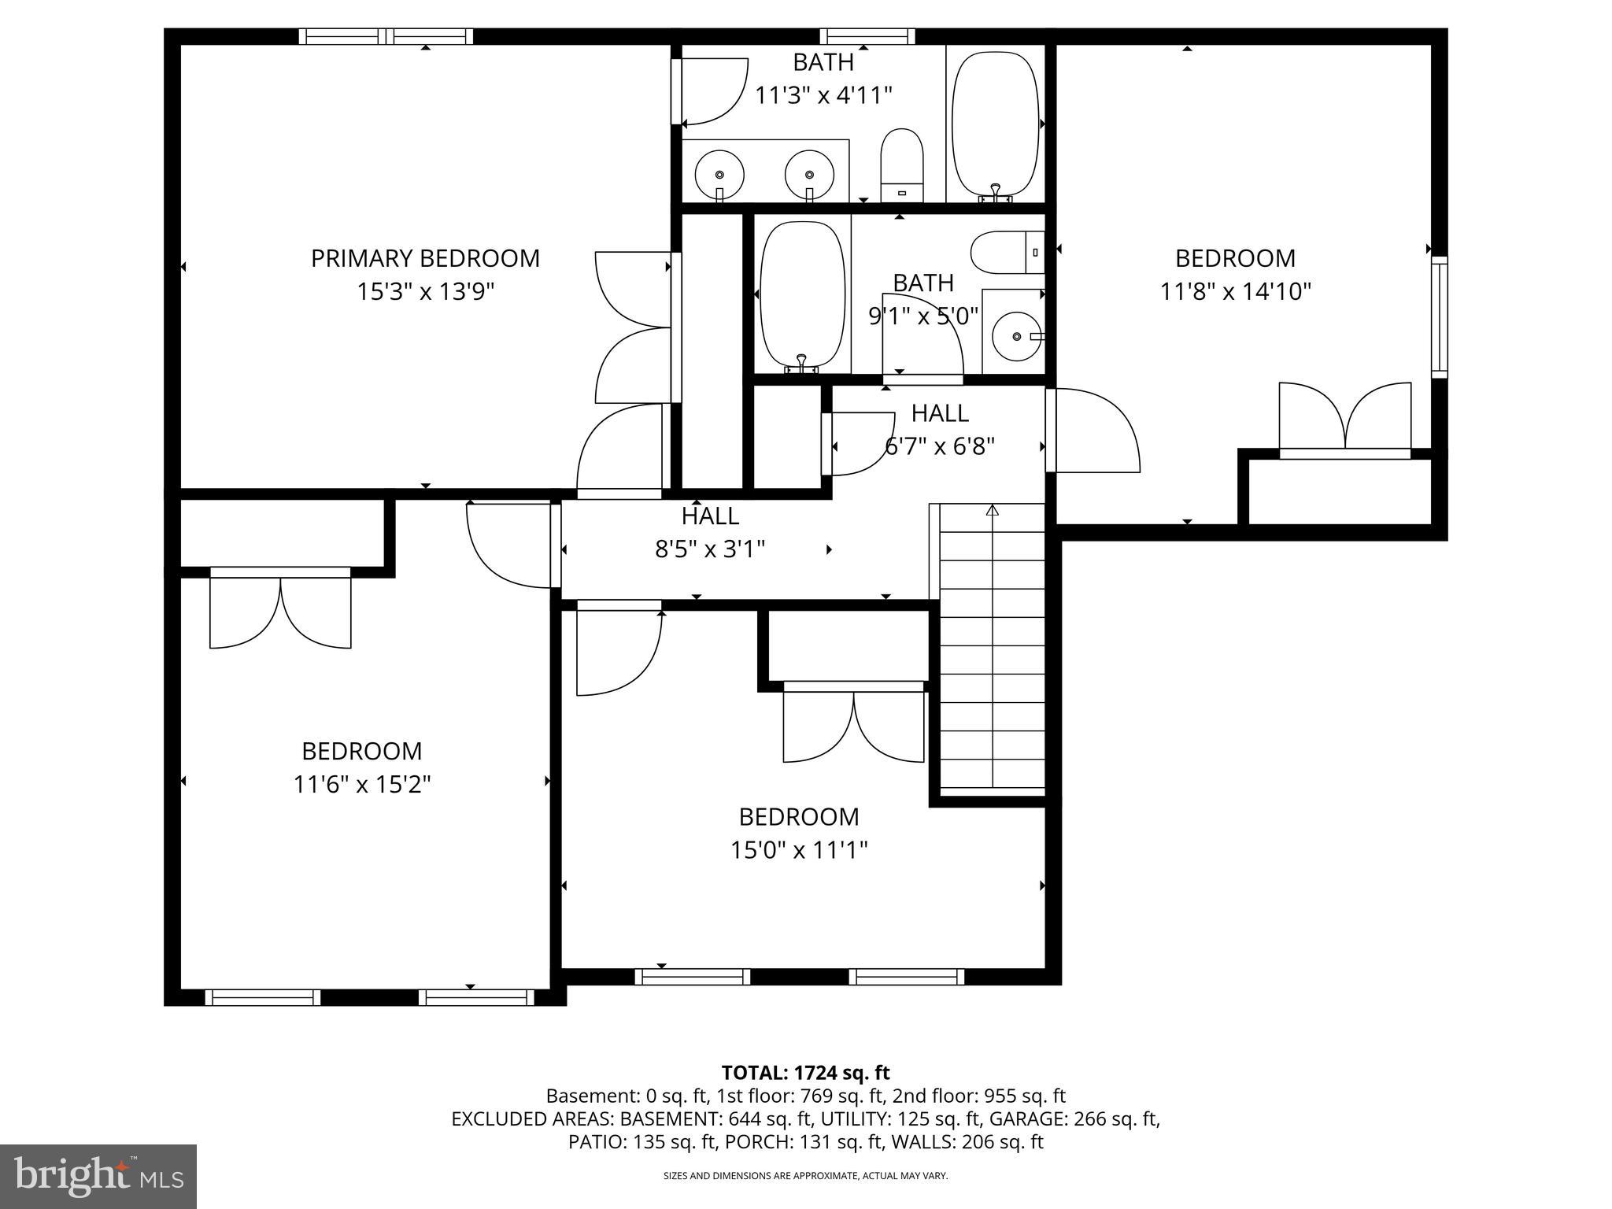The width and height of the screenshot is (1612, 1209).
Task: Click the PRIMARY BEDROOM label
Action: click(425, 258)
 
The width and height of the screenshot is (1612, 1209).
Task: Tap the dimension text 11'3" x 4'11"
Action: click(823, 95)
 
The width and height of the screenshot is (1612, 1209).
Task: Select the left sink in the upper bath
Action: click(719, 174)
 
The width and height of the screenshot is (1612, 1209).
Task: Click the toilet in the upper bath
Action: click(901, 165)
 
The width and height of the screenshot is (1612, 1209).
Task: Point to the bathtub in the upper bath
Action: click(995, 124)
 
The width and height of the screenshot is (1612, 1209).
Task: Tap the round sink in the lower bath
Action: click(1016, 336)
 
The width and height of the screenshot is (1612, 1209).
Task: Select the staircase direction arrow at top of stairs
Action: click(993, 511)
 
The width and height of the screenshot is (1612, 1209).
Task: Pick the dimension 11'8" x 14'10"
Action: click(1235, 292)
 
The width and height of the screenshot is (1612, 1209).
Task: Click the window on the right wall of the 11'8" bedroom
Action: click(1439, 316)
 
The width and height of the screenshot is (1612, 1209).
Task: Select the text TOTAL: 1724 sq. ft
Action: click(805, 1072)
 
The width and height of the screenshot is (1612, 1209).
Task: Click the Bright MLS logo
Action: click(98, 1176)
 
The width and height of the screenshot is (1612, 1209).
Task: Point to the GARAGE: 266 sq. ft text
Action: click(1074, 1118)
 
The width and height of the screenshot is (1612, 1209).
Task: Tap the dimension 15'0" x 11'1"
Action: click(798, 850)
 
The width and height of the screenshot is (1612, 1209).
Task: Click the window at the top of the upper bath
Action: click(867, 36)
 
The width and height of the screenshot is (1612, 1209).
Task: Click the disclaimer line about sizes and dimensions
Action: click(805, 1176)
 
